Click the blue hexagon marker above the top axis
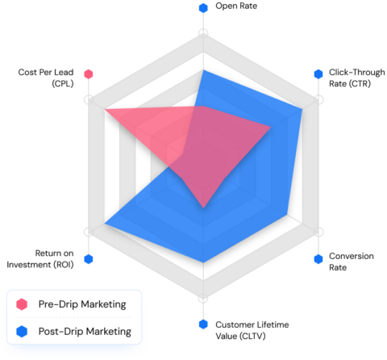point(203,8)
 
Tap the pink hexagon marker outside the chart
point(89,74)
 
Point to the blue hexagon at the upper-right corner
point(318,74)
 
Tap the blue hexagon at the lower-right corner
point(318,258)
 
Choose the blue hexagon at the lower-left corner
point(89,258)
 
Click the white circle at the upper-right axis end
point(318,99)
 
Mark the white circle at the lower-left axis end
point(89,232)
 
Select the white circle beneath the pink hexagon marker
point(89,99)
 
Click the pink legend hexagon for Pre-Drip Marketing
point(23,304)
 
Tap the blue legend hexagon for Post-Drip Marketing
point(23,331)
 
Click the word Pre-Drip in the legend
point(58,304)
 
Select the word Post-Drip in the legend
point(60,331)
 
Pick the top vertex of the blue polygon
point(203,70)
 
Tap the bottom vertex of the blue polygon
point(203,262)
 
